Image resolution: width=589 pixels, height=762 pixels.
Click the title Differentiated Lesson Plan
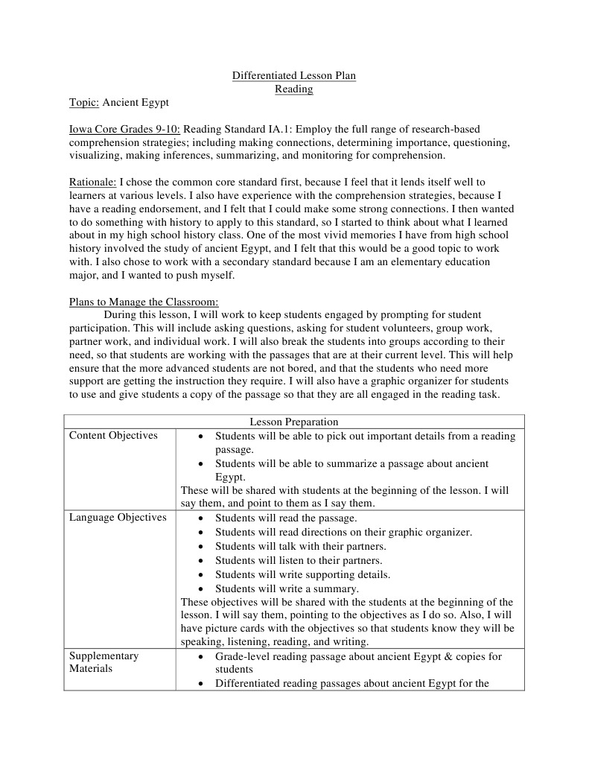pyautogui.click(x=294, y=76)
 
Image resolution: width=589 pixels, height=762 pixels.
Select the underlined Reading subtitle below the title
pyautogui.click(x=294, y=89)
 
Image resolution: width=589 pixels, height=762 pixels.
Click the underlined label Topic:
pyautogui.click(x=84, y=103)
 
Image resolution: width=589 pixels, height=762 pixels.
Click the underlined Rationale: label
pyautogui.click(x=92, y=182)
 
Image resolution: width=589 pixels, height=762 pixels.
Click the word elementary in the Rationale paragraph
pyautogui.click(x=431, y=261)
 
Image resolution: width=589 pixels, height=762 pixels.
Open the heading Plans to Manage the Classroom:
pyautogui.click(x=144, y=302)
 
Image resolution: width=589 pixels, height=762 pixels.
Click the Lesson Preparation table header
pyautogui.click(x=293, y=422)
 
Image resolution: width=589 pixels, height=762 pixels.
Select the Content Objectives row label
pyautogui.click(x=113, y=436)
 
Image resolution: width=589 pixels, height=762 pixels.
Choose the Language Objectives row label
pyautogui.click(x=118, y=518)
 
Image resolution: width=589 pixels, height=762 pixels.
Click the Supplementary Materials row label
pyautogui.click(x=104, y=662)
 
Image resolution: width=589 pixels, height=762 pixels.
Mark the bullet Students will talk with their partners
pyautogui.click(x=300, y=546)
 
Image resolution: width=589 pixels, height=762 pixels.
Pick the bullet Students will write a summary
pyautogui.click(x=287, y=588)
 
